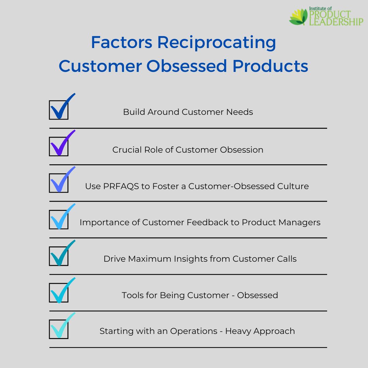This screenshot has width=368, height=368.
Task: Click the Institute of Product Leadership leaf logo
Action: click(298, 17)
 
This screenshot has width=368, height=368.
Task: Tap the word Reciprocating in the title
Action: click(216, 43)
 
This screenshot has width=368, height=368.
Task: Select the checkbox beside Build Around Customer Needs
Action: click(59, 110)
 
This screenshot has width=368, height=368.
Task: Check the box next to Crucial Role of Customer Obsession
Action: click(59, 147)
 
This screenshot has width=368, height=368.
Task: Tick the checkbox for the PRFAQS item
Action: click(59, 183)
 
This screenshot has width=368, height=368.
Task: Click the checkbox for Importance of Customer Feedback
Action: click(59, 219)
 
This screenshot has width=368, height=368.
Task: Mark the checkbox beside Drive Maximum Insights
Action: click(59, 256)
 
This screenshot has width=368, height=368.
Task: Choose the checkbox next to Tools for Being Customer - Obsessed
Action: click(59, 293)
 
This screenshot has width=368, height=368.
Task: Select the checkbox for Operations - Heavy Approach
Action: click(59, 329)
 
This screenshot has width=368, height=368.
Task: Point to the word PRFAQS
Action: click(121, 186)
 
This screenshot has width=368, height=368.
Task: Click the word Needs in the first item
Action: click(240, 112)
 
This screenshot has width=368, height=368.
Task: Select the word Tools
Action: click(133, 295)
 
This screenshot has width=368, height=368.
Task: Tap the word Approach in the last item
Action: click(274, 331)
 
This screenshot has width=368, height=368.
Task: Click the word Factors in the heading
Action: click(122, 43)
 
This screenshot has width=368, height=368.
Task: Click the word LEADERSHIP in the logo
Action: click(336, 22)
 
